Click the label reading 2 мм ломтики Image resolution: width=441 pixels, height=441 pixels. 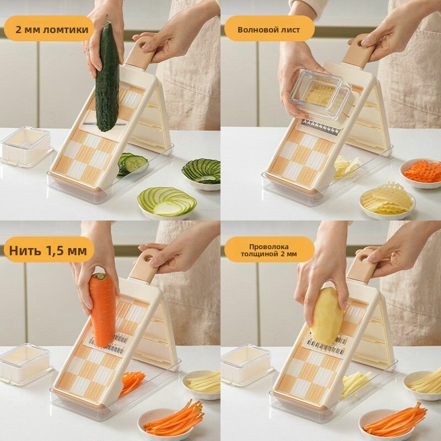click(x=52, y=30)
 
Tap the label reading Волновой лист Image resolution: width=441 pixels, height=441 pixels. click(x=268, y=30)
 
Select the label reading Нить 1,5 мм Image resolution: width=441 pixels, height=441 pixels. click(x=48, y=250)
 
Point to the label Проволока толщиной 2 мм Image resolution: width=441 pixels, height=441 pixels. click(x=268, y=250)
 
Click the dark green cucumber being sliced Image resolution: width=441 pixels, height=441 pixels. click(x=107, y=77)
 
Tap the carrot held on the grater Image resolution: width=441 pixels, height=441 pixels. click(x=103, y=309)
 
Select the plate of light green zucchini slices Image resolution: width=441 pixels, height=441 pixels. click(x=167, y=202)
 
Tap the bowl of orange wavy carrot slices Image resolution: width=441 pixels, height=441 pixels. click(x=421, y=173)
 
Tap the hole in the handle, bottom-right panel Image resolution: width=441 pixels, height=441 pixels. click(x=363, y=257)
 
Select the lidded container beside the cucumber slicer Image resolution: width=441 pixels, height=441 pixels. click(x=26, y=147)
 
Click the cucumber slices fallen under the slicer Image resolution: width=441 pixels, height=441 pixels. click(x=132, y=164)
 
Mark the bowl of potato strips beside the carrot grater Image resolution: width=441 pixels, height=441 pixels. click(x=201, y=384)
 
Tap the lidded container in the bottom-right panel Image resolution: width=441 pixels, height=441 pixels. click(x=246, y=364)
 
